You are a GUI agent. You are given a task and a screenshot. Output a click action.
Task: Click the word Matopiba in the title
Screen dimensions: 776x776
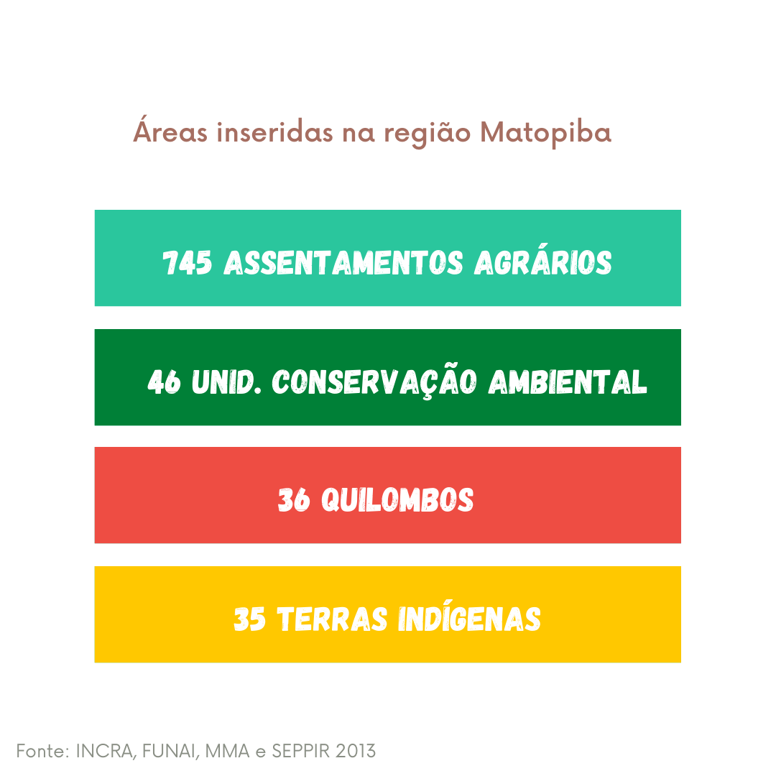tap(546, 132)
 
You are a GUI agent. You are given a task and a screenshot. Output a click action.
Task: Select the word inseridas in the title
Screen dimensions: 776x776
tap(274, 132)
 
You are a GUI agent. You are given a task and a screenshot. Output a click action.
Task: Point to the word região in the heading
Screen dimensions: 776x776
tap(427, 133)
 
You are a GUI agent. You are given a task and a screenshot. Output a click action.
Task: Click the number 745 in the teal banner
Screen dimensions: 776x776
tap(187, 262)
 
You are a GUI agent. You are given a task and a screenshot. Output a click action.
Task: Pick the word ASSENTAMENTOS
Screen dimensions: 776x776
tap(343, 262)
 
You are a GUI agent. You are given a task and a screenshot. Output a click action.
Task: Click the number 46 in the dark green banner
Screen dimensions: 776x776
tap(164, 382)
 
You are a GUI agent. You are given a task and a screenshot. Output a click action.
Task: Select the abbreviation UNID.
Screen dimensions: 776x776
tap(226, 382)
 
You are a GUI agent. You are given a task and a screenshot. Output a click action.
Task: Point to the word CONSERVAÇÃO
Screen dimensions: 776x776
tap(374, 382)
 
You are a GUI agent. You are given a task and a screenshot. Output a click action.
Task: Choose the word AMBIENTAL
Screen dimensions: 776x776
tap(568, 382)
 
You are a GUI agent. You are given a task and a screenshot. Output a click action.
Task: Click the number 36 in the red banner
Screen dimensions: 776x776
tap(294, 499)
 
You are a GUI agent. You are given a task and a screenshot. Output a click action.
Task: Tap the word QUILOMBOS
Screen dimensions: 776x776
tap(397, 499)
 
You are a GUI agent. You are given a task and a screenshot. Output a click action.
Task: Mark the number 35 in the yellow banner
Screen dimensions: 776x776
tap(249, 619)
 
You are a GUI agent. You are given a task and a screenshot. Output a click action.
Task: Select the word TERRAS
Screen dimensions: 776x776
tap(332, 619)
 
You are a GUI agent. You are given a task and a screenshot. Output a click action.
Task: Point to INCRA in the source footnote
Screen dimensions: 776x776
tap(104, 752)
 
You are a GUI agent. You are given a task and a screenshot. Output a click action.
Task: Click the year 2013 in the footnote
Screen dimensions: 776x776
tap(356, 751)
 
